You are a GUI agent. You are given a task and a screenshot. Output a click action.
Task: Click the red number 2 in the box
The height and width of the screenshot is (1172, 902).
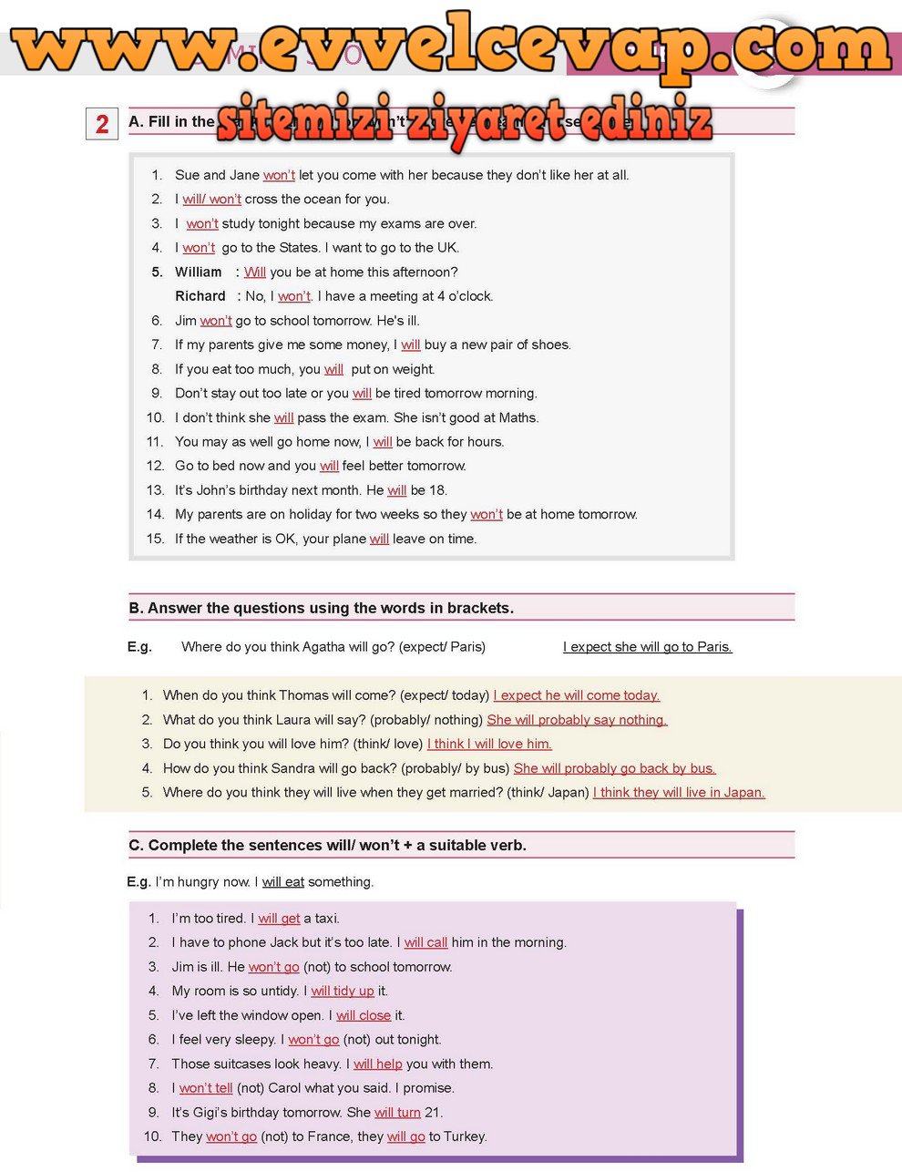pyautogui.click(x=102, y=124)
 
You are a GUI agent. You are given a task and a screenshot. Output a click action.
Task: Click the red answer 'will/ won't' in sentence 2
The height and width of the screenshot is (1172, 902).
pyautogui.click(x=211, y=200)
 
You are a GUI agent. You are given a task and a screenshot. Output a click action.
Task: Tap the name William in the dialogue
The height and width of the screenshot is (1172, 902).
pyautogui.click(x=199, y=272)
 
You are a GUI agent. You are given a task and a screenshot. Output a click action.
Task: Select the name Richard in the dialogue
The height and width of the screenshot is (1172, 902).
pyautogui.click(x=200, y=296)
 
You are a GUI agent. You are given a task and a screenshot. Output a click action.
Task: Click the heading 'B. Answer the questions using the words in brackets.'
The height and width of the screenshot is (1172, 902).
pyautogui.click(x=322, y=608)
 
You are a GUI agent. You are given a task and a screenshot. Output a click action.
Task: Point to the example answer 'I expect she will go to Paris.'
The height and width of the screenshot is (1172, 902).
pyautogui.click(x=647, y=647)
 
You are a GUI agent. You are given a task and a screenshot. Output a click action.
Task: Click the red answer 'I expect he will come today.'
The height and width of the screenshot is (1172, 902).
pyautogui.click(x=577, y=695)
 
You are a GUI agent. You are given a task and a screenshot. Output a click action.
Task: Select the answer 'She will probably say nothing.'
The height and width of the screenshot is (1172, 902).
pyautogui.click(x=577, y=720)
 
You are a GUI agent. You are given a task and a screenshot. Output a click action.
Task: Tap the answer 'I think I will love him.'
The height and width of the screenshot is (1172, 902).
pyautogui.click(x=489, y=745)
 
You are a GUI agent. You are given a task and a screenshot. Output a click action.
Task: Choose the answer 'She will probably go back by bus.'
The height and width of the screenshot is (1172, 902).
pyautogui.click(x=615, y=768)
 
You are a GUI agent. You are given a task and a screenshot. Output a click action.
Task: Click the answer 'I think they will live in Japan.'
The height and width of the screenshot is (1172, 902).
pyautogui.click(x=679, y=793)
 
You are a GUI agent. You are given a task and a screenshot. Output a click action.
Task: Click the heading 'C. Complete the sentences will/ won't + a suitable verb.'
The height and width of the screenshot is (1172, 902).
pyautogui.click(x=328, y=846)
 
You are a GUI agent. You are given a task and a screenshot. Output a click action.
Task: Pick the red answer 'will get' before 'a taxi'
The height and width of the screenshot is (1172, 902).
pyautogui.click(x=279, y=919)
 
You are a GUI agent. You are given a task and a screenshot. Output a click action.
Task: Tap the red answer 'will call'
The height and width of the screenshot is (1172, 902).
pyautogui.click(x=425, y=943)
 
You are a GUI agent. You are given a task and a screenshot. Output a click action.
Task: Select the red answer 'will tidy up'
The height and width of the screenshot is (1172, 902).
pyautogui.click(x=343, y=992)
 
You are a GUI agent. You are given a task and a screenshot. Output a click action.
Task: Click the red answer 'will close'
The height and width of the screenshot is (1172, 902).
pyautogui.click(x=364, y=1015)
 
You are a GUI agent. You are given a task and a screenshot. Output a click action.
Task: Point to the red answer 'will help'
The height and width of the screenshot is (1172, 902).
pyautogui.click(x=377, y=1064)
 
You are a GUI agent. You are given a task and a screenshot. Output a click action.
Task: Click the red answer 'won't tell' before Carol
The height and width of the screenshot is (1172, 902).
pyautogui.click(x=206, y=1088)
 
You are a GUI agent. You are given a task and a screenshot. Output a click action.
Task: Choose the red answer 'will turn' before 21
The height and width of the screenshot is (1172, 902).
pyautogui.click(x=397, y=1113)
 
